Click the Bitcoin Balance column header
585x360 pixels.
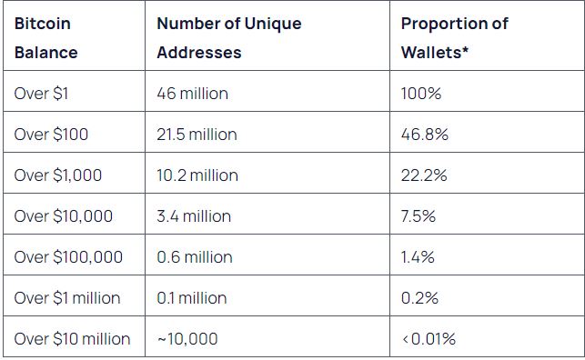[45, 38]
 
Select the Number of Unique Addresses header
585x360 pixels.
[229, 38]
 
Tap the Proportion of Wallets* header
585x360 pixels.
[454, 38]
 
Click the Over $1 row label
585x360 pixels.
[41, 93]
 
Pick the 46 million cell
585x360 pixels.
[192, 93]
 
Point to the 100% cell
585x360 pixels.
[421, 93]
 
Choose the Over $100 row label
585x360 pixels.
[51, 135]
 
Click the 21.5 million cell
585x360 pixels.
[197, 135]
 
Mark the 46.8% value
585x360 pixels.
[425, 135]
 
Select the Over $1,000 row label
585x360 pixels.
[58, 175]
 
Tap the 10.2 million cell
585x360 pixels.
[197, 175]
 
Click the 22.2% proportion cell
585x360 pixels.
[424, 175]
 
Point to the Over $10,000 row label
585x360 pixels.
[64, 216]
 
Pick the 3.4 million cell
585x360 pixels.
[194, 216]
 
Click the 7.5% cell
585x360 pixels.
[419, 216]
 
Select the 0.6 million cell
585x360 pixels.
[195, 257]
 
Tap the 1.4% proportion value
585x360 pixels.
[418, 257]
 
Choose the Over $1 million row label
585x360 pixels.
[67, 298]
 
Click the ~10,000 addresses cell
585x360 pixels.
[187, 339]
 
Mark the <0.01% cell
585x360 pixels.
[429, 339]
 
